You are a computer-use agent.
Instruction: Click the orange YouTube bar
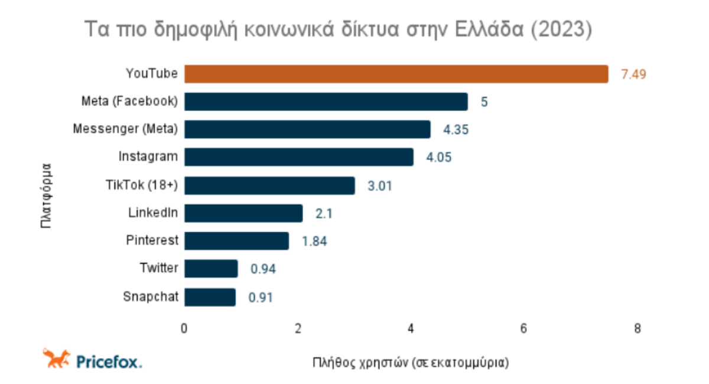pos(396,74)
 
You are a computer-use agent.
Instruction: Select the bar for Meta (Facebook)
pos(326,101)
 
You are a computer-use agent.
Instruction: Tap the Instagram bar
pos(299,157)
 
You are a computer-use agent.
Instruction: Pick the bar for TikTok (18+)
pos(269,185)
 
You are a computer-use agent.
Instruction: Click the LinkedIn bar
pos(243,213)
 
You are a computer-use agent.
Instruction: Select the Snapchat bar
pos(210,297)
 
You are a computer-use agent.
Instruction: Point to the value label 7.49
pos(634,74)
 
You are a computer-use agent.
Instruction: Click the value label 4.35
pos(456,130)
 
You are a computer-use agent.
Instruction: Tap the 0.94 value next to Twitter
pos(263,269)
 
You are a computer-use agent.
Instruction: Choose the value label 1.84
pos(314,241)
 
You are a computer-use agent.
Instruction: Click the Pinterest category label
pos(152,240)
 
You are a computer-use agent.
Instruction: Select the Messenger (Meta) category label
pos(125,129)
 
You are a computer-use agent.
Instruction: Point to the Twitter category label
pos(158,268)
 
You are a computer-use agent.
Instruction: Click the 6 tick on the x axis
pos(523,328)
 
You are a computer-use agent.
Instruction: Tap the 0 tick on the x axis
pos(184,328)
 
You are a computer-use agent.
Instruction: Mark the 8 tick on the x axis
pos(637,328)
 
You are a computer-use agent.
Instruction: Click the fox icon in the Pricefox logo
pos(56,358)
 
